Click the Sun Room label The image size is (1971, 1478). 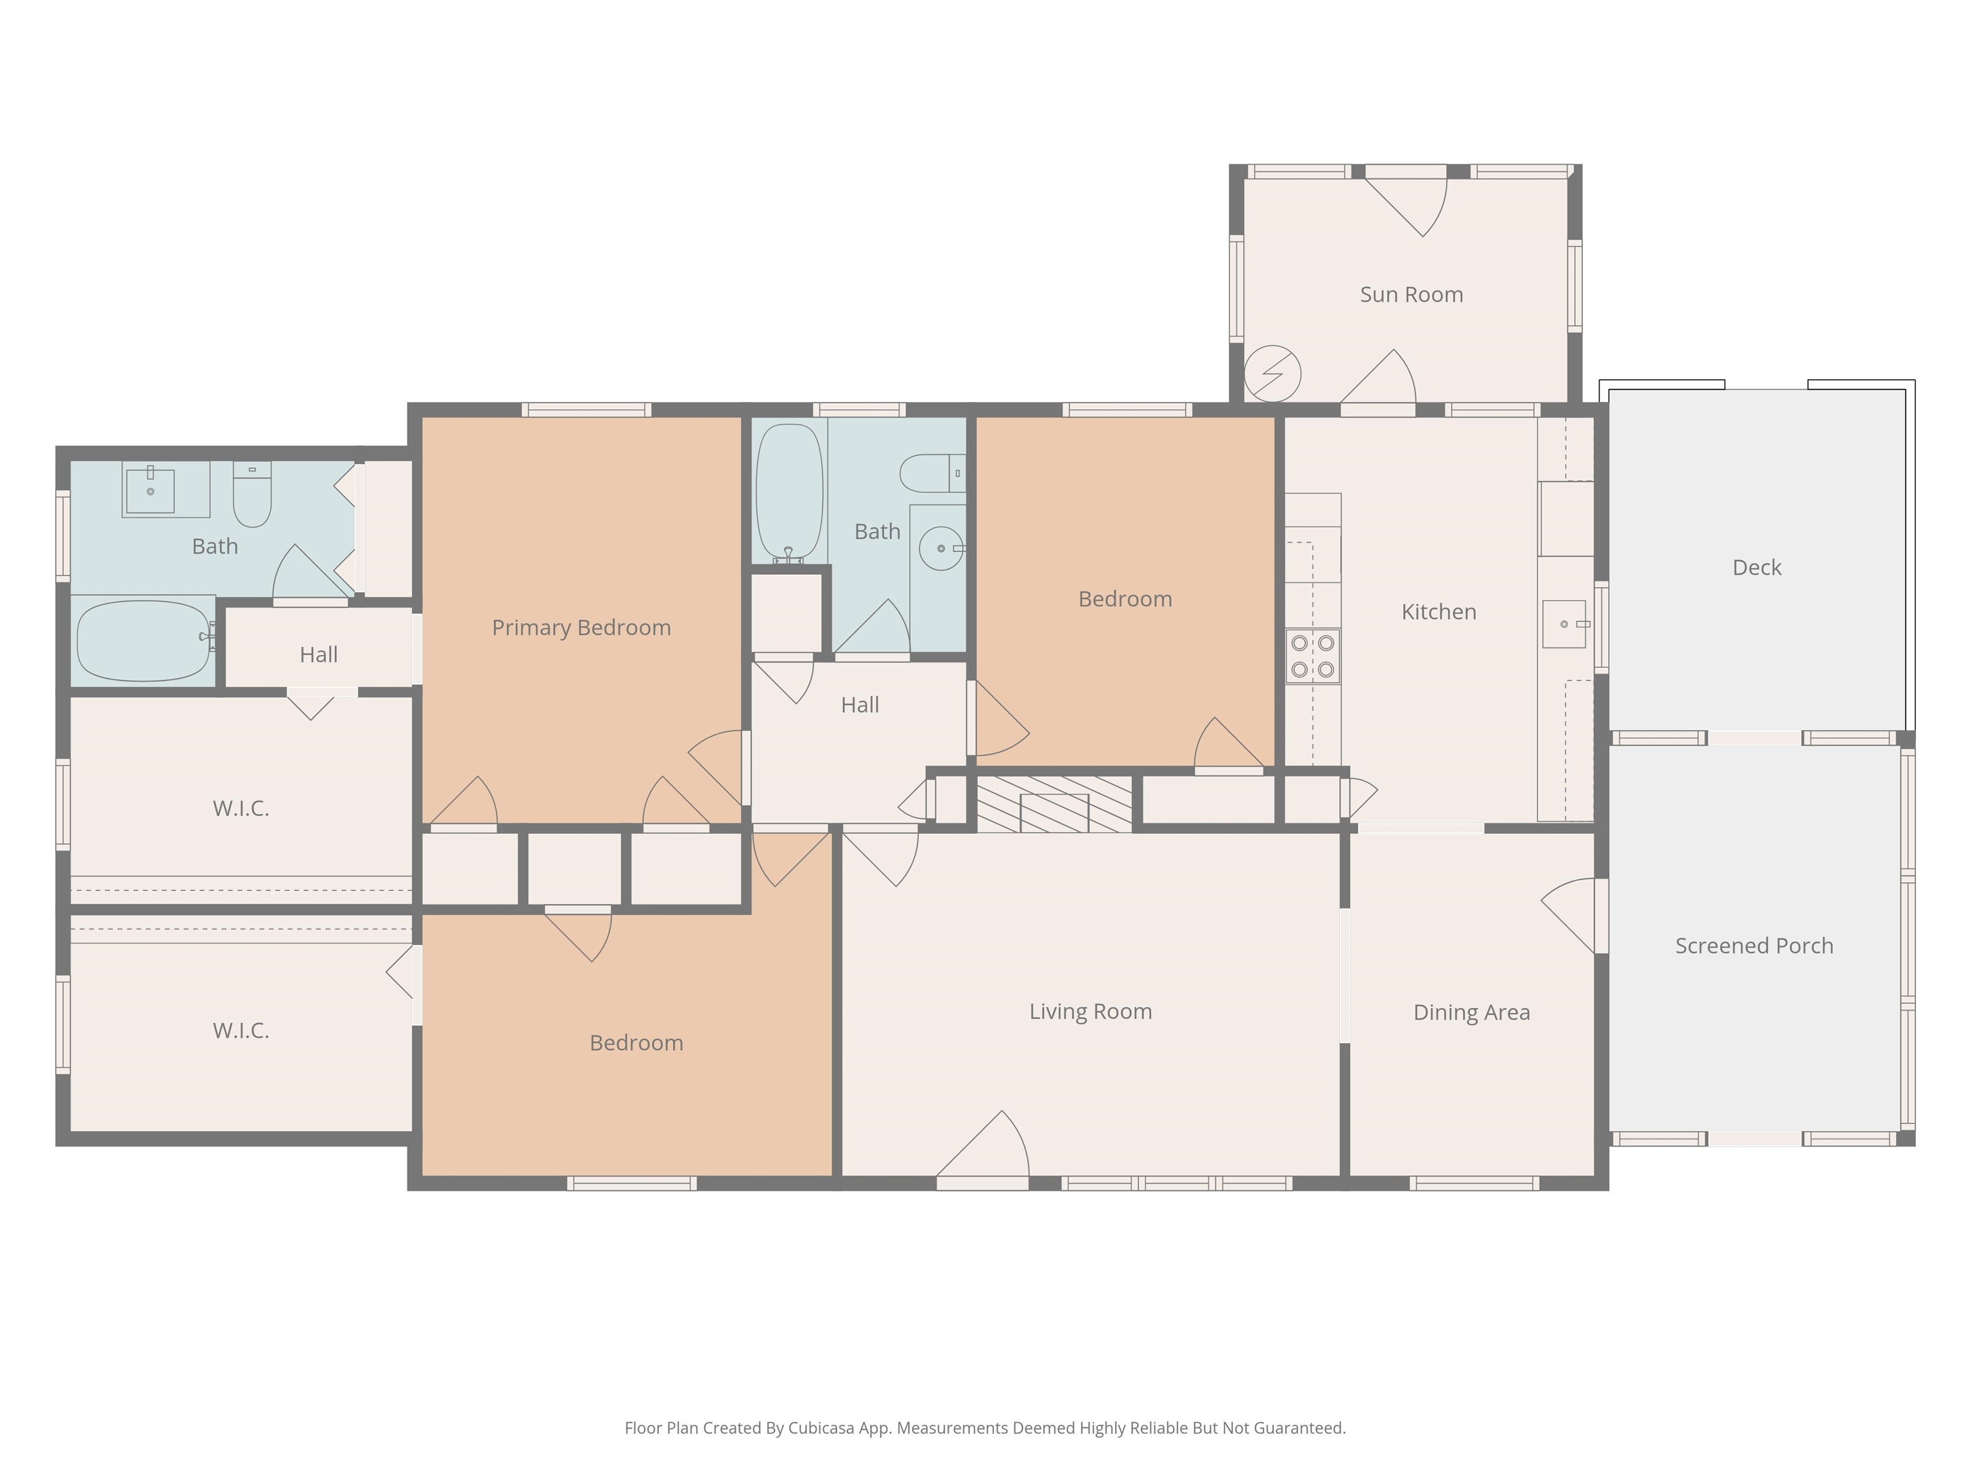click(x=1412, y=295)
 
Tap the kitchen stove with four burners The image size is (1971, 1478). click(x=1313, y=657)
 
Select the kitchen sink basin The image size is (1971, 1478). click(x=1564, y=624)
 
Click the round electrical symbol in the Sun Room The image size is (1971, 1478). click(x=1272, y=374)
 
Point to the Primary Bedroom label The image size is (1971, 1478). click(x=581, y=628)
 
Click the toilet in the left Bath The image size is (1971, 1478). click(x=252, y=493)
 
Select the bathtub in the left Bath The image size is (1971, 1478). click(x=144, y=641)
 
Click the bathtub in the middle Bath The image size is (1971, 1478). click(x=789, y=492)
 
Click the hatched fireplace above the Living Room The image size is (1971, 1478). click(x=1054, y=804)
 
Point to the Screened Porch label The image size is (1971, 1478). click(x=1753, y=946)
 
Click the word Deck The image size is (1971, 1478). click(x=1756, y=568)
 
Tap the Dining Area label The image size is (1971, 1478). click(x=1471, y=1013)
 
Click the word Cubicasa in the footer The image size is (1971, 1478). click(x=821, y=1428)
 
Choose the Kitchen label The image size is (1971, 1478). click(x=1438, y=612)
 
